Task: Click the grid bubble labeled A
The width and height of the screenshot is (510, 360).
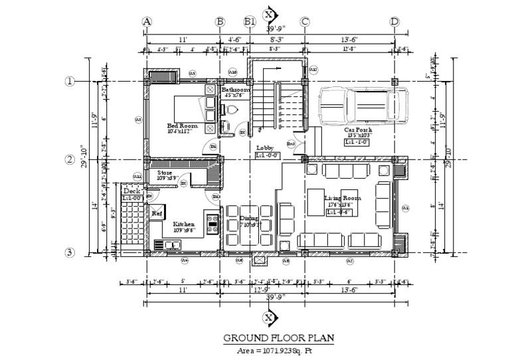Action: [147, 21]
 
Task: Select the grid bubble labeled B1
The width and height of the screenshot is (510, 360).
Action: [250, 21]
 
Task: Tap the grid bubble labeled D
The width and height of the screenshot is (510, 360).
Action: [394, 21]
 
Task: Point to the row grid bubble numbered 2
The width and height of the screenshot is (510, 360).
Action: [69, 159]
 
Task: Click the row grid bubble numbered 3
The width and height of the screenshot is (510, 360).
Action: [69, 252]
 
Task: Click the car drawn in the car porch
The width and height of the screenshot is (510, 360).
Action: [362, 105]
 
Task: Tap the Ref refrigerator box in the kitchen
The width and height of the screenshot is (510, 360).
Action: [157, 213]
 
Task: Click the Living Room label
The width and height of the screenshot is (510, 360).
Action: [342, 199]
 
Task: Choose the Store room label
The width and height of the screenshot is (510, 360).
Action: [165, 173]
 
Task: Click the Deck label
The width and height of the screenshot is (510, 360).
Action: [131, 191]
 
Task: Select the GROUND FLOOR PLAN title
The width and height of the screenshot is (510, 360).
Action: [278, 338]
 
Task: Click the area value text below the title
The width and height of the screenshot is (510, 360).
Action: [279, 350]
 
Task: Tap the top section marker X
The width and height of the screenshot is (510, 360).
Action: [268, 14]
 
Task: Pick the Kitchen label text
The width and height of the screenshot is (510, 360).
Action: [183, 225]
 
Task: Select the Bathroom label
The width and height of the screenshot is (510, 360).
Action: [236, 90]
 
